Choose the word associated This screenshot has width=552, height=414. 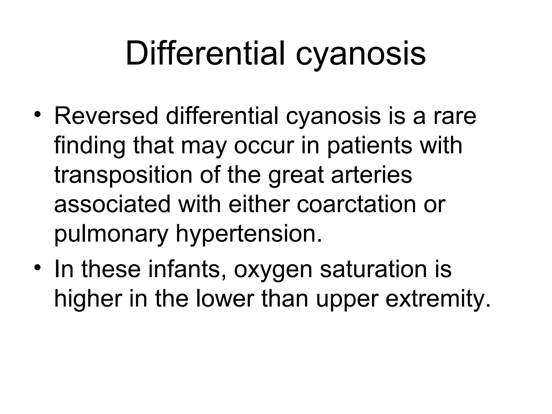coord(112,205)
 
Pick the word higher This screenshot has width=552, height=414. coord(88,300)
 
